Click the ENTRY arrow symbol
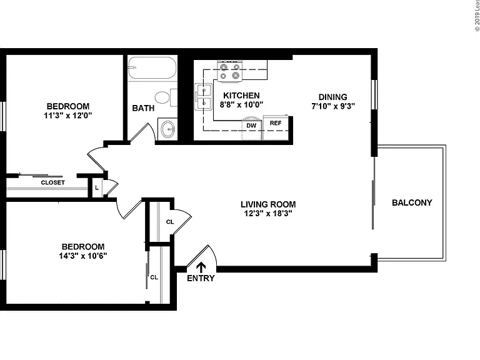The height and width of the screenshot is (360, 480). pyautogui.click(x=201, y=267)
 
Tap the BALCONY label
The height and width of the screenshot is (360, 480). pyautogui.click(x=412, y=202)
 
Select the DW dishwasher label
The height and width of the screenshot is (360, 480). pyautogui.click(x=251, y=126)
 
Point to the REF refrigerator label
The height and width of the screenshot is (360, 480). pyautogui.click(x=276, y=123)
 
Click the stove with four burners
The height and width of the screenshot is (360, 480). pyautogui.click(x=229, y=71)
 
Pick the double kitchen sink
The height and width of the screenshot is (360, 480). pyautogui.click(x=204, y=97)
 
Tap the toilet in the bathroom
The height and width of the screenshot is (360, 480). pyautogui.click(x=166, y=97)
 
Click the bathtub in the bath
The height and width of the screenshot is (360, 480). pyautogui.click(x=152, y=68)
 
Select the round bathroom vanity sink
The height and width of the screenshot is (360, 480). pyautogui.click(x=167, y=129)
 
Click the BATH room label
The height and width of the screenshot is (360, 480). pyautogui.click(x=143, y=108)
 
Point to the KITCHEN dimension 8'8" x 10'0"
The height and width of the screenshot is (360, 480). pyautogui.click(x=241, y=105)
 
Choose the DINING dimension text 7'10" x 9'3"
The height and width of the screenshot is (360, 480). pyautogui.click(x=333, y=106)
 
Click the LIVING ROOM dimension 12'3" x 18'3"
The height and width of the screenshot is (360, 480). pyautogui.click(x=268, y=213)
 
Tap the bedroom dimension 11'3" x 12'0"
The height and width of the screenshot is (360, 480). pyautogui.click(x=68, y=116)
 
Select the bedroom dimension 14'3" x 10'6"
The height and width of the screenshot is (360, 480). pyautogui.click(x=83, y=256)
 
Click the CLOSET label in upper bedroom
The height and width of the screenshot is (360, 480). pyautogui.click(x=53, y=182)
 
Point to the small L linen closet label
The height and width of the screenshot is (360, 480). pyautogui.click(x=97, y=187)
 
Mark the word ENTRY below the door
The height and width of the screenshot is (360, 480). pyautogui.click(x=201, y=278)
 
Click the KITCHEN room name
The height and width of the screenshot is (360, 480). pyautogui.click(x=241, y=96)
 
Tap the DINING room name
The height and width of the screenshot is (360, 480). pyautogui.click(x=333, y=97)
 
